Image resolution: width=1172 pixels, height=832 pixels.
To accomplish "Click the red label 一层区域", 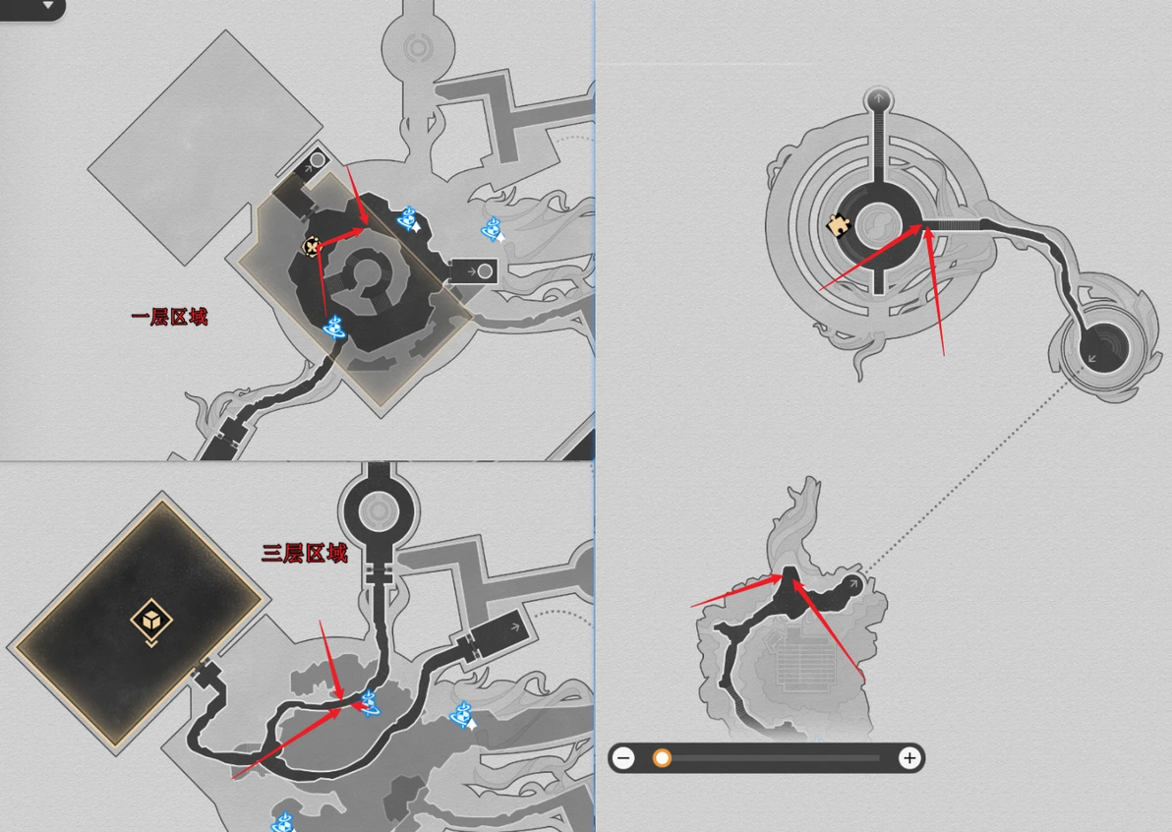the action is tap(170, 317).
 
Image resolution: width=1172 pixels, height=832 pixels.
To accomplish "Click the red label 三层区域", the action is tap(305, 553).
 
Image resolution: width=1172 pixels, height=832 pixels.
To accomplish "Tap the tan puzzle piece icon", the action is tap(838, 225).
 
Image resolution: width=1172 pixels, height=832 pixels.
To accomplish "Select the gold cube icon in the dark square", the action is tap(151, 622).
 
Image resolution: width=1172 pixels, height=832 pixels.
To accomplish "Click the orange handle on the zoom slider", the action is tap(662, 758).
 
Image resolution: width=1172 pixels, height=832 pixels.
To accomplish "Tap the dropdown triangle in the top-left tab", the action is tap(48, 5).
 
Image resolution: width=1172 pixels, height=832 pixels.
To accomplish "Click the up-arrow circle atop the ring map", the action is tap(878, 98).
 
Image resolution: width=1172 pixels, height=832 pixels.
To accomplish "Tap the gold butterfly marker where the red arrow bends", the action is tap(312, 245).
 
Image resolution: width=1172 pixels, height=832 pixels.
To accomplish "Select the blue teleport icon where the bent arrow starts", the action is tap(334, 327).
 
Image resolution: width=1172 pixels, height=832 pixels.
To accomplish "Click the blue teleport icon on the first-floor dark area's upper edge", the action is tap(408, 219).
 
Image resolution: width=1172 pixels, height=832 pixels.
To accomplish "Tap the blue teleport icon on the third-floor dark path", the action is tap(370, 703).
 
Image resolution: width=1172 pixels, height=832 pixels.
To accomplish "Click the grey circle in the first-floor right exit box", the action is tap(485, 270).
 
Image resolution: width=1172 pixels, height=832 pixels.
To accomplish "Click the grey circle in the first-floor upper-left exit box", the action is tap(317, 159).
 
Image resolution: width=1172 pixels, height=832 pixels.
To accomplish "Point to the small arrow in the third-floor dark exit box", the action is tap(514, 627).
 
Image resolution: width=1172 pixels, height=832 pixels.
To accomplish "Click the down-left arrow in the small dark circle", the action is tap(1092, 358).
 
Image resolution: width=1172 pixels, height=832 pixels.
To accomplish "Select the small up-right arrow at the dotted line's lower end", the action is tap(853, 584).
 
